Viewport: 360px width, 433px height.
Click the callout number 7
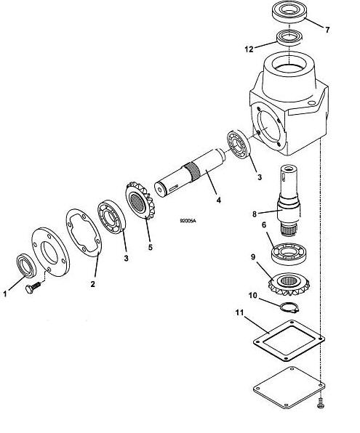point(327,30)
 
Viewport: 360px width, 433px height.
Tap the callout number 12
point(249,49)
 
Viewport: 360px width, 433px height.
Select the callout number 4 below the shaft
point(218,200)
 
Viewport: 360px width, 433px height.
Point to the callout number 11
point(239,312)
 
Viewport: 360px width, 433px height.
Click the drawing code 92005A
point(188,221)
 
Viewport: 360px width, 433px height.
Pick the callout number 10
point(252,296)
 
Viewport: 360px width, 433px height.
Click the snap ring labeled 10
point(289,307)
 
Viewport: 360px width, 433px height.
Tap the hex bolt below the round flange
point(33,288)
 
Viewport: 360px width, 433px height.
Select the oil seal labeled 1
point(26,265)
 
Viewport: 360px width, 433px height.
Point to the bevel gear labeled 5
point(140,201)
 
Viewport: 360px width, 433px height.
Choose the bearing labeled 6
point(289,254)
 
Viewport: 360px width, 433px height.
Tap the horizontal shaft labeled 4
point(190,173)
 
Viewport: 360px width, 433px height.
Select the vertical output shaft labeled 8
point(289,201)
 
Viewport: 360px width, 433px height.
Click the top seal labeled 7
point(289,12)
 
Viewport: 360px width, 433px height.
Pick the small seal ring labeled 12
point(289,38)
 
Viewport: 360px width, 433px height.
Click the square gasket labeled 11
point(289,340)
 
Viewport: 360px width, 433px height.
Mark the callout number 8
point(255,214)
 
